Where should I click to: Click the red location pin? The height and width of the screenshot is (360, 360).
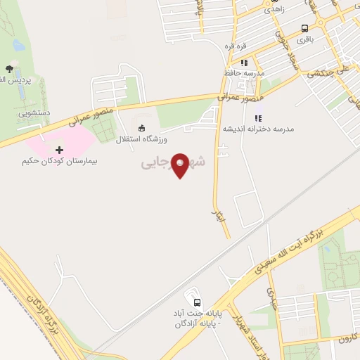tap(181, 165)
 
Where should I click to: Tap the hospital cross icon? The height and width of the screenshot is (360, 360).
tap(59, 150)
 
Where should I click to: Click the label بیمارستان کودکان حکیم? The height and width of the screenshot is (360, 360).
tap(59, 161)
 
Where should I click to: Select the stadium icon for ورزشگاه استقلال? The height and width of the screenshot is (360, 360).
tap(142, 128)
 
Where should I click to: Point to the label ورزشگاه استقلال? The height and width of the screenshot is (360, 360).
tap(141, 139)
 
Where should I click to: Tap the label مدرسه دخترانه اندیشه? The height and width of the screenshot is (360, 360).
tap(259, 129)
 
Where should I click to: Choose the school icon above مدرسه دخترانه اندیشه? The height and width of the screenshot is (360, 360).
tap(258, 117)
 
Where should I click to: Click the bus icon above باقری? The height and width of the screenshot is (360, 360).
tap(304, 29)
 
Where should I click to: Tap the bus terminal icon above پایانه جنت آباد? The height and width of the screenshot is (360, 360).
tap(188, 295)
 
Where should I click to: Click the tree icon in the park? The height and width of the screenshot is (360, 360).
tap(9, 69)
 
